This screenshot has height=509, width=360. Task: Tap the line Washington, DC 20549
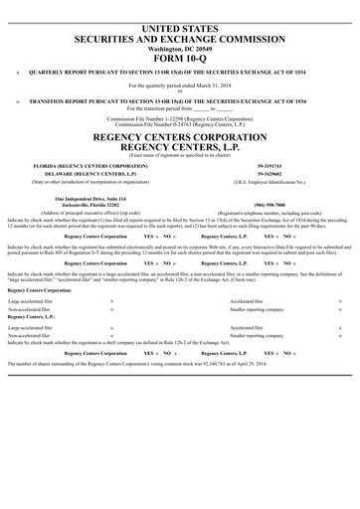click(179, 46)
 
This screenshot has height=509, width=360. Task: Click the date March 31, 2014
click(205, 85)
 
